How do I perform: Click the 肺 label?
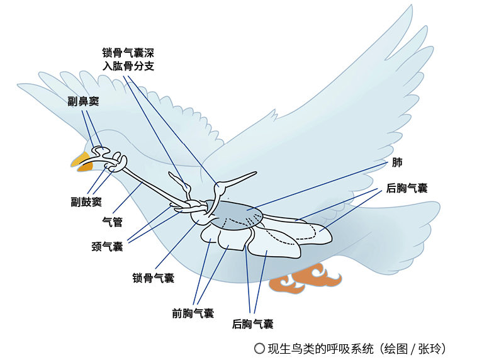pyautogui.click(x=397, y=163)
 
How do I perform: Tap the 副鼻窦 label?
pyautogui.click(x=84, y=101)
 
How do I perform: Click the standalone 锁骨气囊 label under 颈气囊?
pyautogui.click(x=153, y=278)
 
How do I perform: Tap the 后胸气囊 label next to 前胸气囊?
pyautogui.click(x=252, y=324)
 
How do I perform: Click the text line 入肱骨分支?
pyautogui.click(x=128, y=66)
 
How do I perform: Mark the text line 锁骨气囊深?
pyautogui.click(x=128, y=52)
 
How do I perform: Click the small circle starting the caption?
pyautogui.click(x=259, y=347)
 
